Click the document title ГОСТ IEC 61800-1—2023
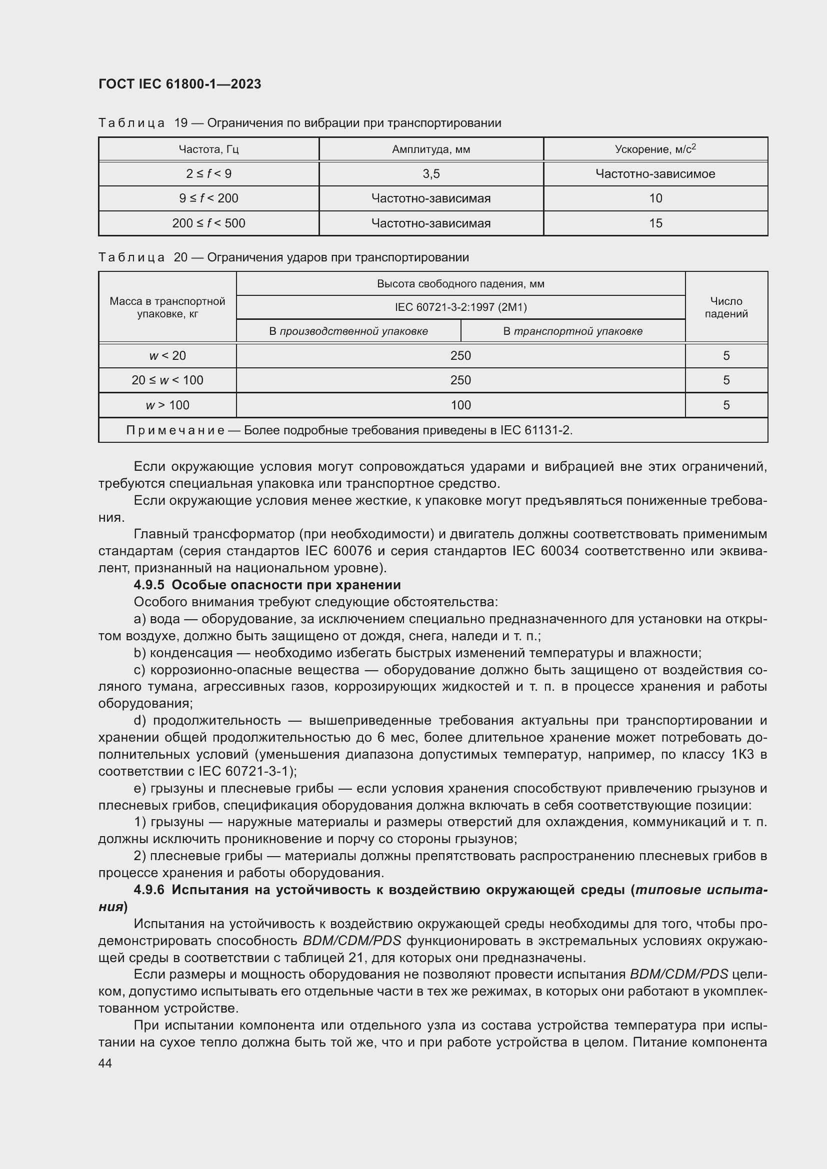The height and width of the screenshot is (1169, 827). click(179, 84)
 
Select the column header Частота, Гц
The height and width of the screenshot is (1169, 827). click(208, 149)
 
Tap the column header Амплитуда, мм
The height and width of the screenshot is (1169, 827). click(431, 149)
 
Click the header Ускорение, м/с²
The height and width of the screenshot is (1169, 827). click(655, 149)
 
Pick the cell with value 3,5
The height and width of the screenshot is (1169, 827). click(431, 174)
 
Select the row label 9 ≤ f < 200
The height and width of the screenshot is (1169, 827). click(208, 198)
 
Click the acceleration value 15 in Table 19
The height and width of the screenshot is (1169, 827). click(655, 223)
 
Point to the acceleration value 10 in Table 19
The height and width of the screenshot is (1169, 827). click(655, 198)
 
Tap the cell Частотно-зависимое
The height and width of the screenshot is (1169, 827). click(655, 174)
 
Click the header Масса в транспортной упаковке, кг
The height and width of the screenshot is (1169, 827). click(167, 307)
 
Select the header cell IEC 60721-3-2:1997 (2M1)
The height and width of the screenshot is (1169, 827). click(460, 307)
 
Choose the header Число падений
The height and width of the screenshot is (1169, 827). click(726, 307)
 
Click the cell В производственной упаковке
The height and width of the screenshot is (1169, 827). click(348, 331)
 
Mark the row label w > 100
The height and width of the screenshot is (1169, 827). click(167, 405)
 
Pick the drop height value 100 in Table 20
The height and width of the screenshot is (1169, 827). click(460, 405)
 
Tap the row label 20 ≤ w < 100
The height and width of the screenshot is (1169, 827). click(167, 380)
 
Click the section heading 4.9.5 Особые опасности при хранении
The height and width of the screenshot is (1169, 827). click(267, 585)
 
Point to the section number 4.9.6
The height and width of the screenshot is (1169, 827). click(149, 890)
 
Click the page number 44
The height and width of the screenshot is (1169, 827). click(105, 1064)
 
